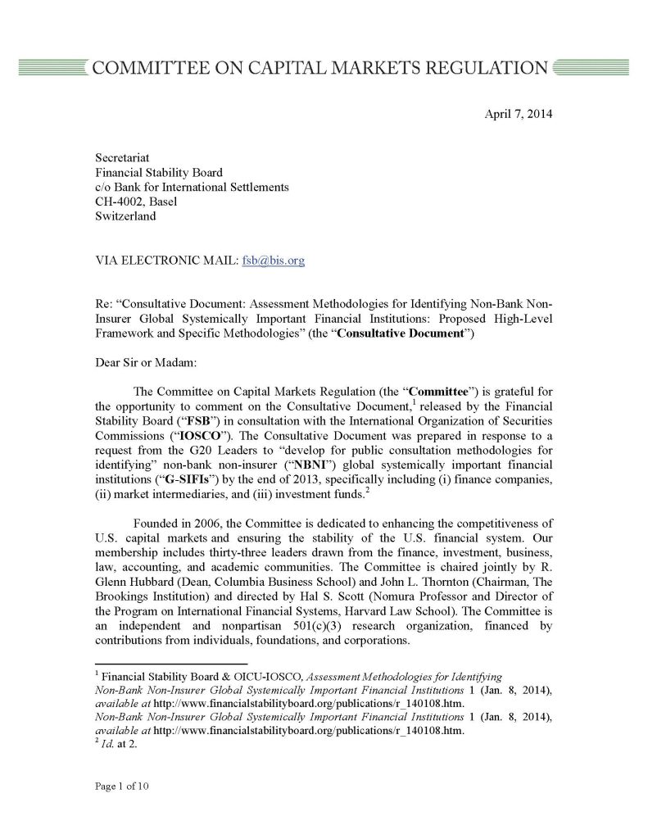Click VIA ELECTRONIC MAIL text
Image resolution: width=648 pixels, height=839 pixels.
pos(165,261)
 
